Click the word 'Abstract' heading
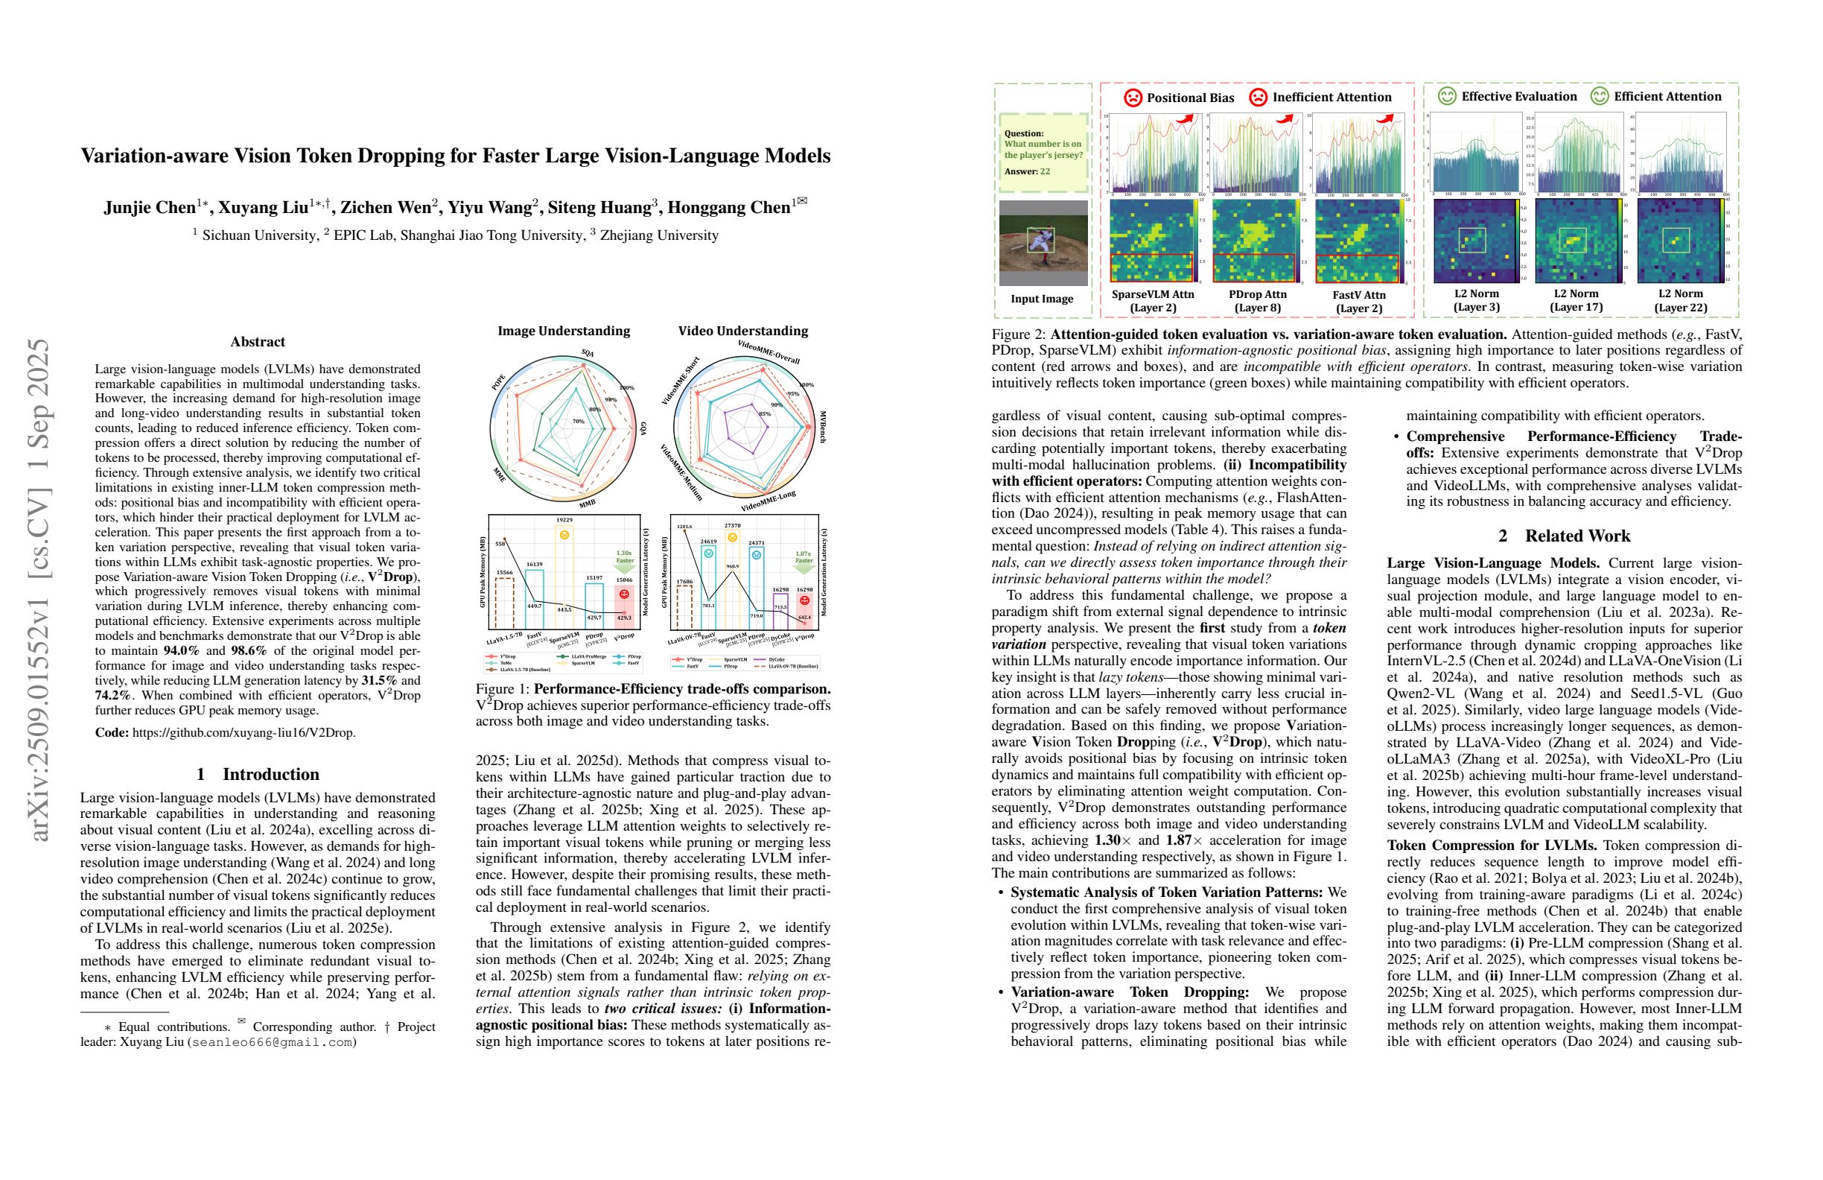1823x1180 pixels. [258, 342]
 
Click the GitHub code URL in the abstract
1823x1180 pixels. [244, 732]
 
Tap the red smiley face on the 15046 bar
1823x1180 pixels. [624, 594]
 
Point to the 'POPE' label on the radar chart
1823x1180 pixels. [499, 383]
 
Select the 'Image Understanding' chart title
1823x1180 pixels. [564, 331]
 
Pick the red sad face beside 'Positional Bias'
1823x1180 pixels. [1133, 98]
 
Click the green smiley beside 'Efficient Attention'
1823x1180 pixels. [1600, 97]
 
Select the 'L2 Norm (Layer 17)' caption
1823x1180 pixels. [1576, 300]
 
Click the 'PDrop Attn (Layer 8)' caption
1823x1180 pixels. [1257, 301]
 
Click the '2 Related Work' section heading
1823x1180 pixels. [1564, 536]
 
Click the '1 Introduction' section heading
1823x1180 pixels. [258, 774]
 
